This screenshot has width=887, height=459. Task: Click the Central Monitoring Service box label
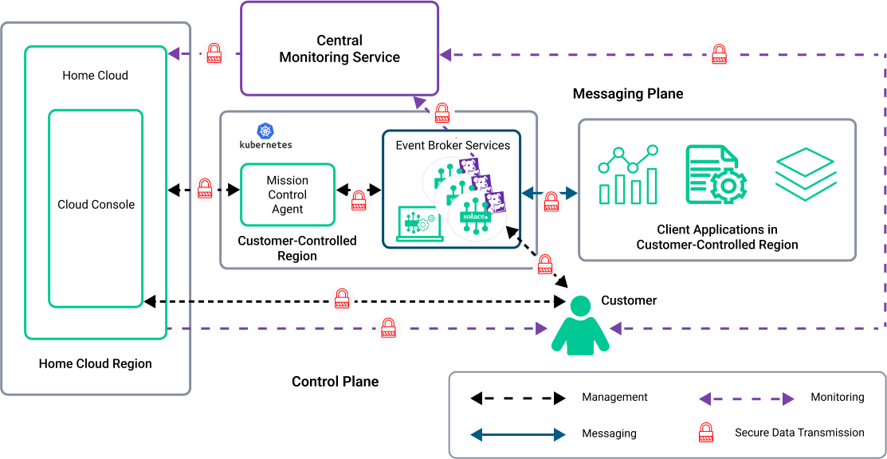pyautogui.click(x=339, y=49)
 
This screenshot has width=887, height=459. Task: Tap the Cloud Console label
pyautogui.click(x=96, y=205)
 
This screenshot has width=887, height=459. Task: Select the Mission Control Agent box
pyautogui.click(x=287, y=195)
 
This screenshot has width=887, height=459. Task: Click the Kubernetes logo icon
pyautogui.click(x=265, y=131)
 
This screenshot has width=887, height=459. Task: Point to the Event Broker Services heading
pyautogui.click(x=453, y=145)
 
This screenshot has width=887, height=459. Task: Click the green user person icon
pyautogui.click(x=580, y=325)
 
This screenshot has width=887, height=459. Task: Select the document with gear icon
pyautogui.click(x=716, y=175)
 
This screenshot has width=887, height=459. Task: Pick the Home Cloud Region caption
pyautogui.click(x=96, y=363)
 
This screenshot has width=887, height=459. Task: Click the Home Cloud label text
pyautogui.click(x=96, y=76)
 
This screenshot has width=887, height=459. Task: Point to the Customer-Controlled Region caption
pyautogui.click(x=297, y=248)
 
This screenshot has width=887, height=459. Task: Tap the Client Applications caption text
pyautogui.click(x=717, y=237)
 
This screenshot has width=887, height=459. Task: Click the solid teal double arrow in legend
pyautogui.click(x=518, y=435)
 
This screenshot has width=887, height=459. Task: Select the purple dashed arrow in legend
pyautogui.click(x=747, y=399)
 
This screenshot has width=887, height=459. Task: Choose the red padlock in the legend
pyautogui.click(x=705, y=433)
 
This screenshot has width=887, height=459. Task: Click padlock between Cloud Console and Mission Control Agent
pyautogui.click(x=205, y=189)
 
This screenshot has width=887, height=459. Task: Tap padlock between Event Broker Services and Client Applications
pyautogui.click(x=551, y=202)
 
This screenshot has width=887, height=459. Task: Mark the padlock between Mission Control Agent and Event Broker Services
pyautogui.click(x=359, y=199)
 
